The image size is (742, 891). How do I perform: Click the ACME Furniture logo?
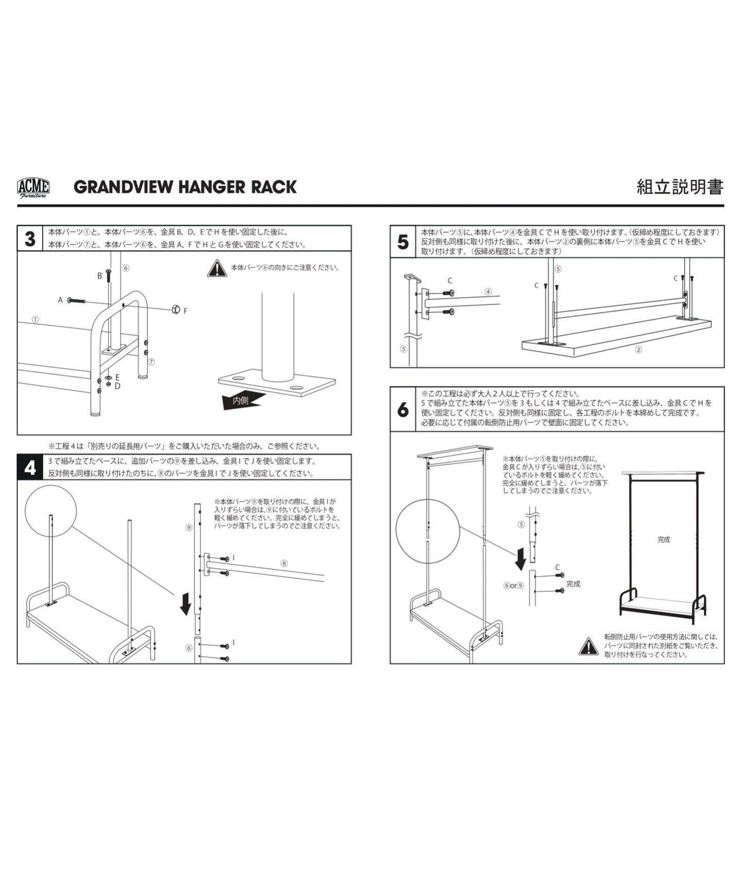33,187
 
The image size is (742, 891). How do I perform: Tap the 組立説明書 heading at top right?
680,187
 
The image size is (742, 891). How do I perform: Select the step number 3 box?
30,239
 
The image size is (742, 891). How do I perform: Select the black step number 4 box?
30,467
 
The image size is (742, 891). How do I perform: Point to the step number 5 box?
403,242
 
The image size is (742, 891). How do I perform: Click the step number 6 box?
403,409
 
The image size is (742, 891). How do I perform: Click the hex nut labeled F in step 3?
176,309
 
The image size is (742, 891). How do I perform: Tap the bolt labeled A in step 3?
74,300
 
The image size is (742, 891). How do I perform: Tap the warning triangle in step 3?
217,269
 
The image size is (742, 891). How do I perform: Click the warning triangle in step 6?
588,646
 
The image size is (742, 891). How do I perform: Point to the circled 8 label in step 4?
284,563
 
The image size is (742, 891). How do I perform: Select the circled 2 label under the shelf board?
638,350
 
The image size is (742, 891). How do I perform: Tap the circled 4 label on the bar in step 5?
488,291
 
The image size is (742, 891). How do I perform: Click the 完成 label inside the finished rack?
664,539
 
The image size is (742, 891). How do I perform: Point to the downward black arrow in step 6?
521,558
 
